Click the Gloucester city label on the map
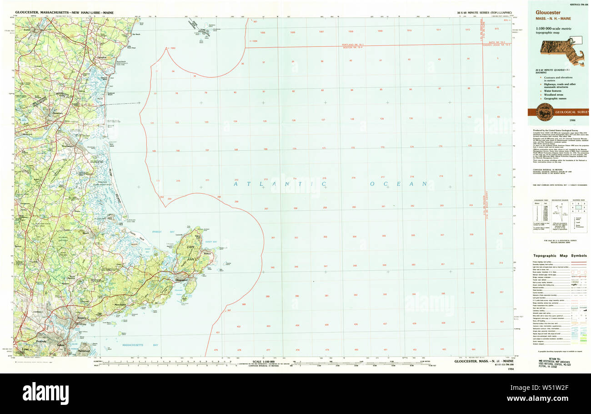[x=181, y=280]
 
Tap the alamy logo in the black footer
[x=45, y=393]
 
